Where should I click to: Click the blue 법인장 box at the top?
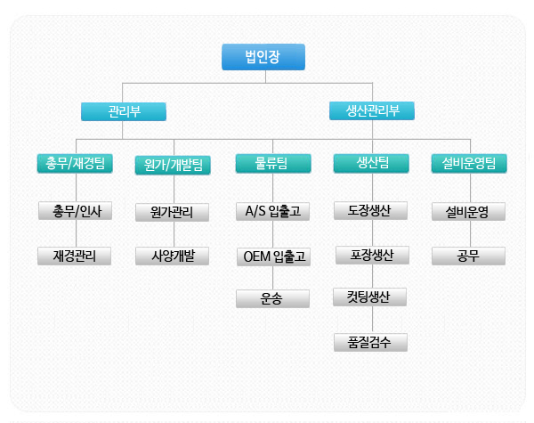[263, 58]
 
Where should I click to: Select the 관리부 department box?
[124, 112]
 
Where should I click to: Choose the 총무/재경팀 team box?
[76, 163]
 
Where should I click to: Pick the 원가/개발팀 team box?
[173, 165]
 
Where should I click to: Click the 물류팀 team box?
[273, 163]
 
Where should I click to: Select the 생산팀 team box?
[371, 163]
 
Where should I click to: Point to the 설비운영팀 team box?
[468, 163]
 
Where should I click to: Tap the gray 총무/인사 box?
[76, 211]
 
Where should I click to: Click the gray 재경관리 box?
[76, 256]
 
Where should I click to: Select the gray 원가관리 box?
[173, 212]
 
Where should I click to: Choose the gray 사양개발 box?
[173, 256]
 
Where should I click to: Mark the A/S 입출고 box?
[273, 211]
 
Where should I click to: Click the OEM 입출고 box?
[273, 256]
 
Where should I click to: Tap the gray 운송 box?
[273, 299]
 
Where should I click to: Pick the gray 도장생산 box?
[371, 211]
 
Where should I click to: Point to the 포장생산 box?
[371, 256]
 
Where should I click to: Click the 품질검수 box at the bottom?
[371, 341]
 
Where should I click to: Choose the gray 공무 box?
[468, 256]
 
